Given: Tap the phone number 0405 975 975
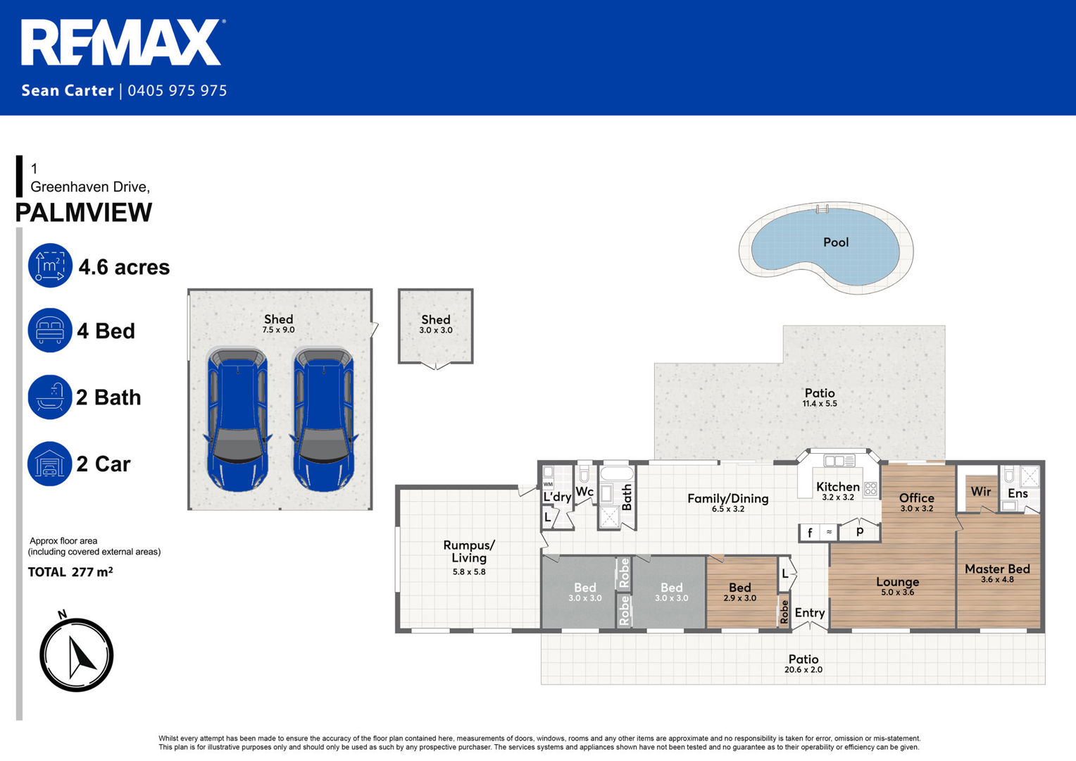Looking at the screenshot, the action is tap(177, 90).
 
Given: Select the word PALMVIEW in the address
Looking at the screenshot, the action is tap(84, 213).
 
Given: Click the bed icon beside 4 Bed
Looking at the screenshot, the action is tap(50, 330).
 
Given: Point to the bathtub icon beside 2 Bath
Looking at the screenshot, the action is tap(50, 397).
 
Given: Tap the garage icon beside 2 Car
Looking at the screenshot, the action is tap(50, 464).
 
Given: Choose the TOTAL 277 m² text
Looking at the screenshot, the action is tap(70, 571).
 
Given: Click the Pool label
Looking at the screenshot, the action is tap(836, 242).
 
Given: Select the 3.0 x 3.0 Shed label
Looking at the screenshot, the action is tap(436, 324).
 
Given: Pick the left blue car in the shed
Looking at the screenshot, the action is tap(238, 419).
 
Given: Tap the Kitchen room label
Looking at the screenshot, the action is tap(838, 486).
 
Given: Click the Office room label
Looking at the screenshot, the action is tap(917, 498).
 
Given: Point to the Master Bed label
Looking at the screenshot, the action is tap(997, 569).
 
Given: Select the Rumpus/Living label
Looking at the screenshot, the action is tap(469, 552).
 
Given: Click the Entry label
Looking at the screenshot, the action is tap(809, 613).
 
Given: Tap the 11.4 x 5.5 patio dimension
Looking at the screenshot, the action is tap(820, 404).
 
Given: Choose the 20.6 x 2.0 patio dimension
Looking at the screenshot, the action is tap(803, 669).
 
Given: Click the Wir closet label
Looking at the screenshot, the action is tap(980, 491).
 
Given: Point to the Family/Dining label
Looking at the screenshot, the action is tap(727, 499).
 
